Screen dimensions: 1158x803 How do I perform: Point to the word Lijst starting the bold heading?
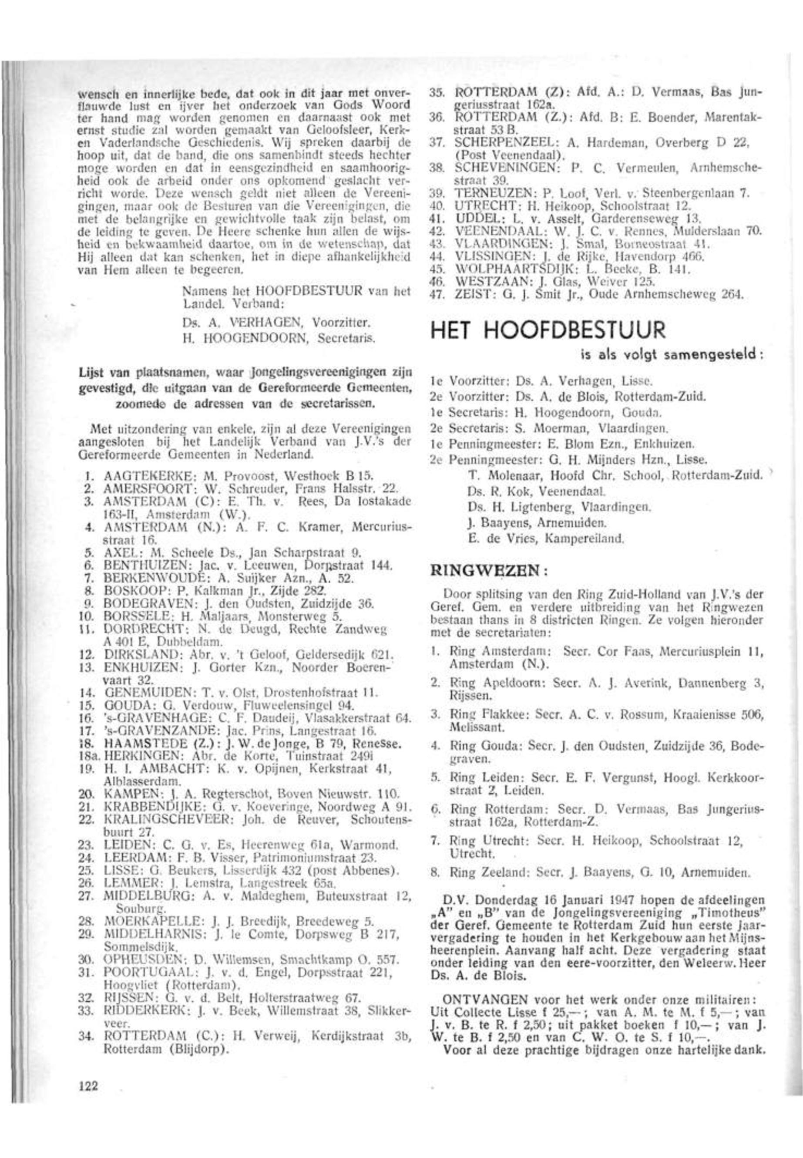tap(89, 372)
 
